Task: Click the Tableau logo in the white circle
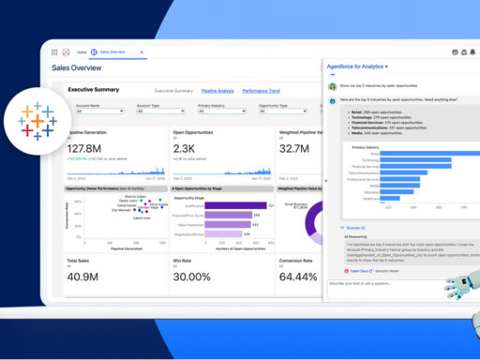point(37,123)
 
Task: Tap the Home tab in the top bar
point(82,52)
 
